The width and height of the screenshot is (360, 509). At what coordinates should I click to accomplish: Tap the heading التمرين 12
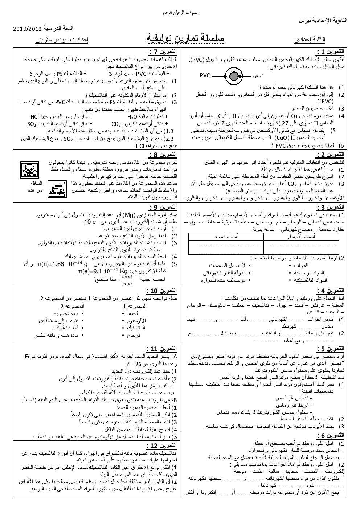click(x=163, y=445)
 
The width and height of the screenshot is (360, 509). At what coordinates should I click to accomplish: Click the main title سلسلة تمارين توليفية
click(x=185, y=38)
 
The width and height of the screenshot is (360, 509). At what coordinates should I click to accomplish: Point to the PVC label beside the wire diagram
click(x=205, y=76)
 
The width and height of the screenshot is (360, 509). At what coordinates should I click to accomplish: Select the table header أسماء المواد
click(x=226, y=237)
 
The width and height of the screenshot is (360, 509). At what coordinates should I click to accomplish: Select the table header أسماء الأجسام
click(x=301, y=237)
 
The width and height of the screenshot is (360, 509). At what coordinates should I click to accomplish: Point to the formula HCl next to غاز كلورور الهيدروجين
click(x=37, y=116)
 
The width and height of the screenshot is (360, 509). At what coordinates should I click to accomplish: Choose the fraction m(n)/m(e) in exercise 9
click(x=127, y=280)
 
